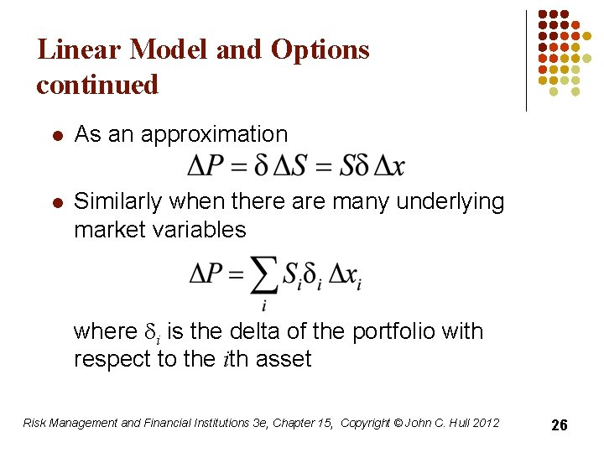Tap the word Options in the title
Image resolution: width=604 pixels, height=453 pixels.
click(x=320, y=49)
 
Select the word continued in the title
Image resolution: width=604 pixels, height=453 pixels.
click(x=97, y=85)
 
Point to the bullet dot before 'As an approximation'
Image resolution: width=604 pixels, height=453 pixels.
click(x=55, y=134)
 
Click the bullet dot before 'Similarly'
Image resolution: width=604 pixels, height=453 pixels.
click(x=55, y=202)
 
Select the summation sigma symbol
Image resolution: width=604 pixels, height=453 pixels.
click(x=263, y=274)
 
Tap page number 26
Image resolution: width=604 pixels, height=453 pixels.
click(x=560, y=425)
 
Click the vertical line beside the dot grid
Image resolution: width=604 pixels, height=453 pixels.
click(x=526, y=60)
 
